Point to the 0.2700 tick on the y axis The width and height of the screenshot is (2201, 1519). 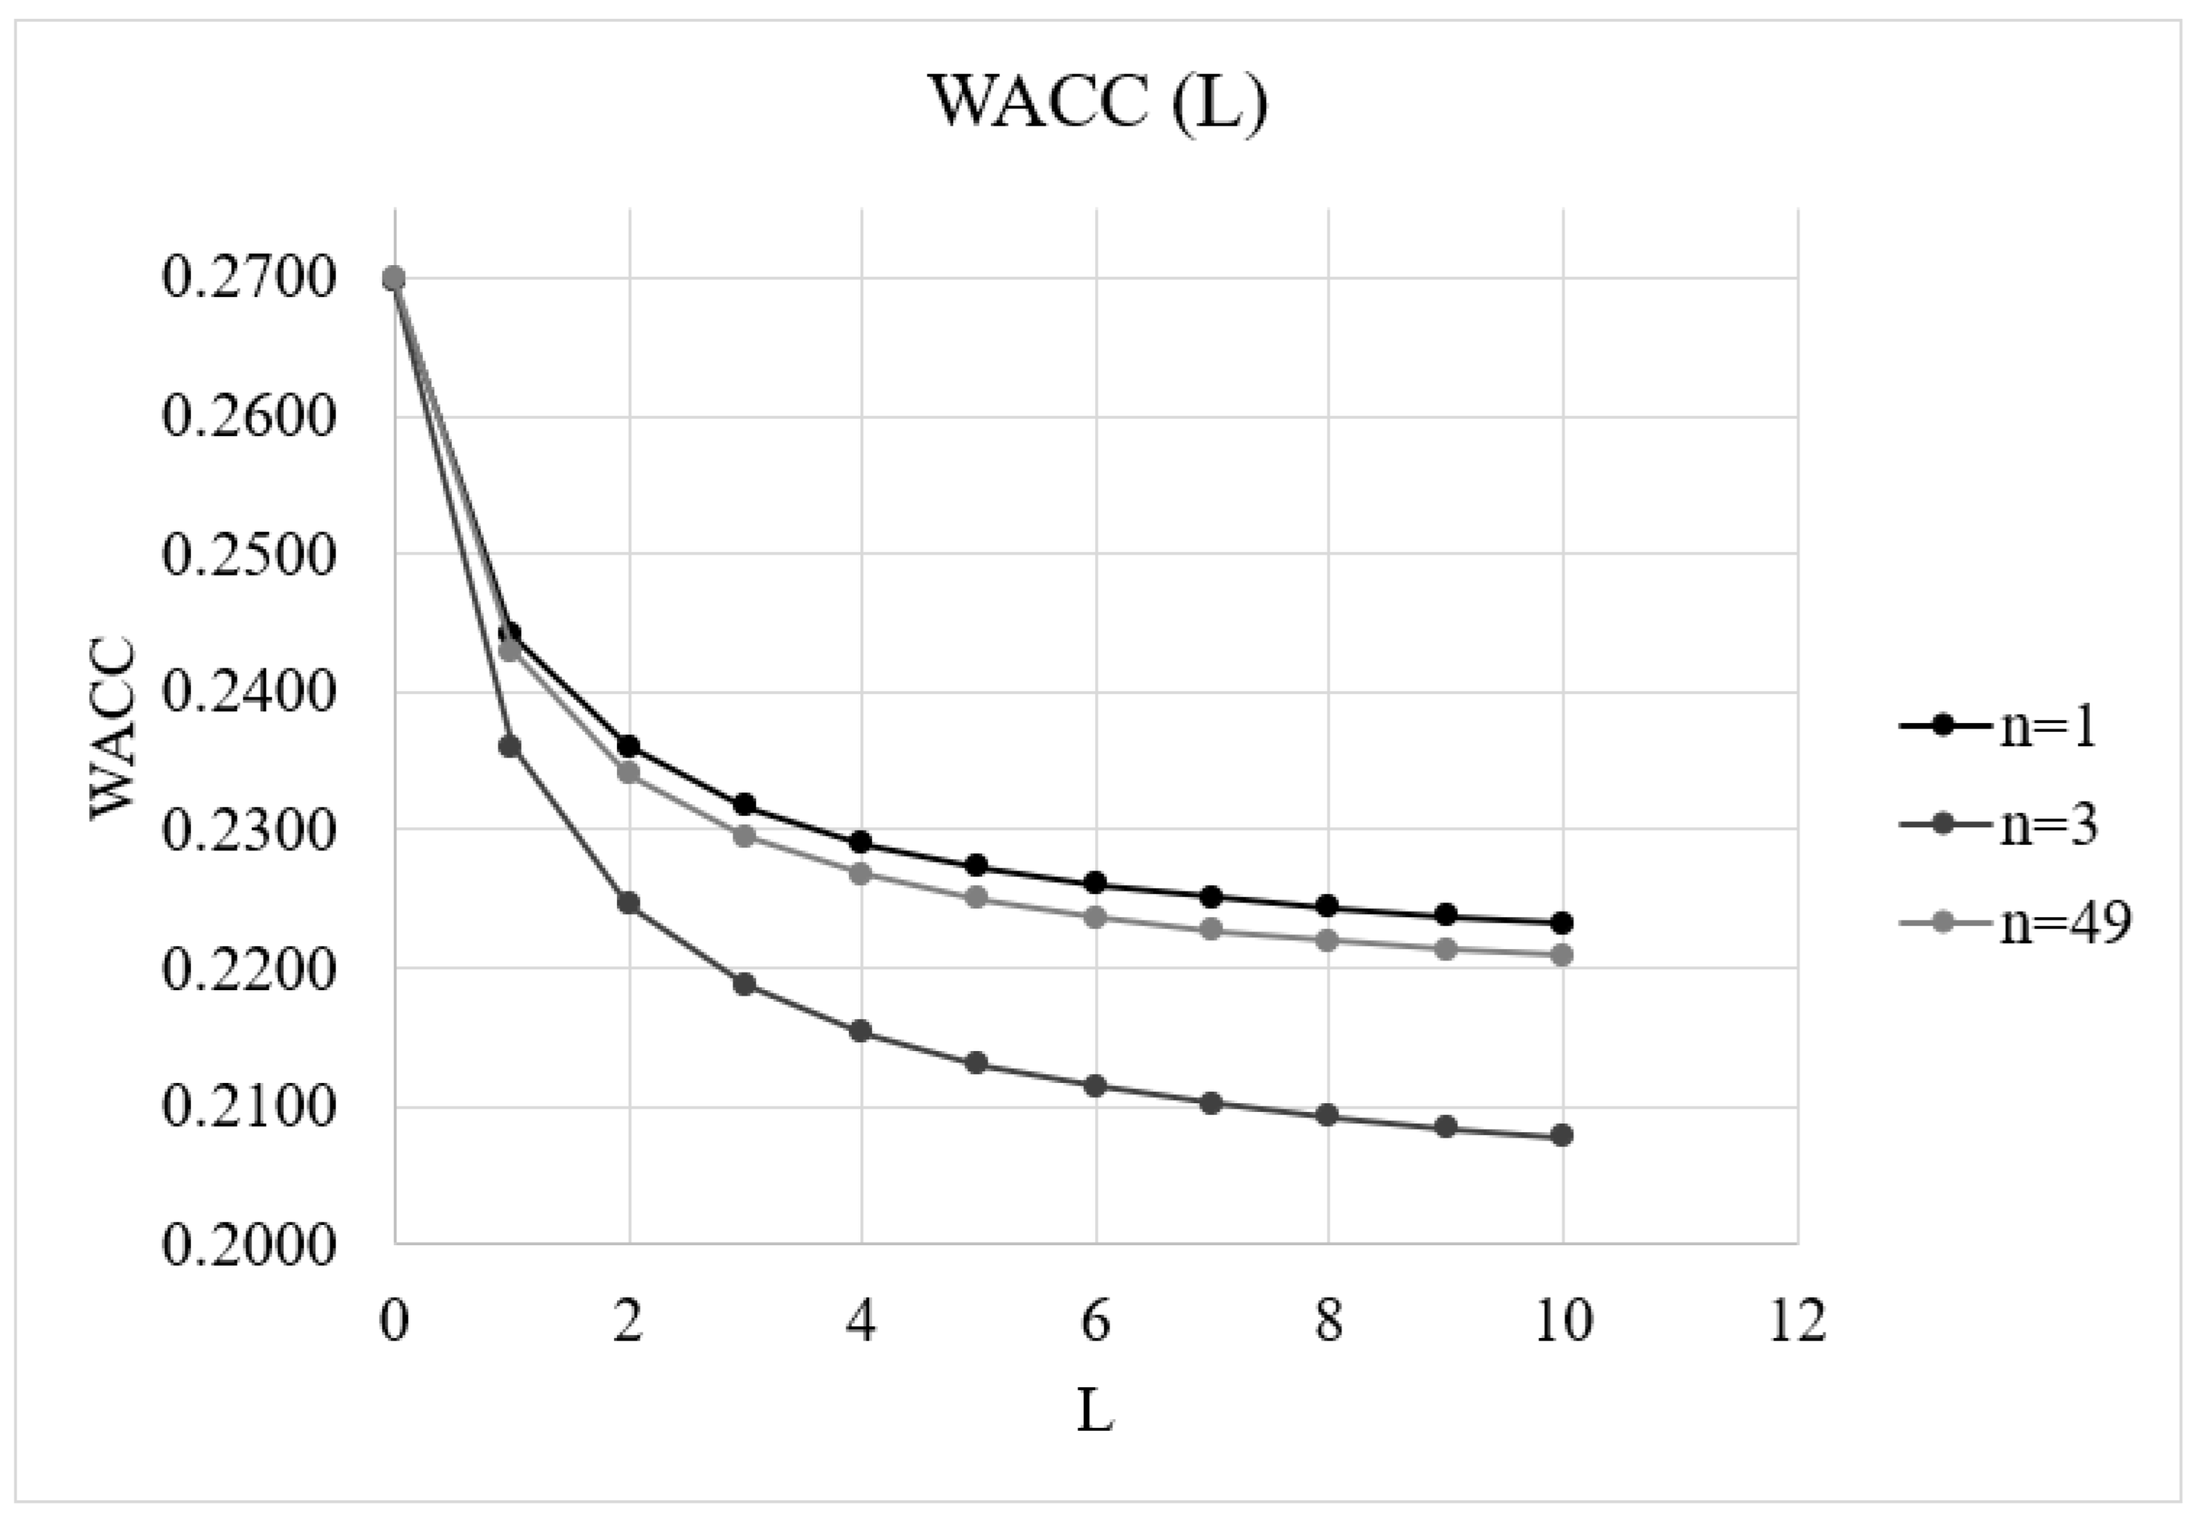(x=249, y=279)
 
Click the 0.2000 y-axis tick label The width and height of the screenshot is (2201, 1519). (x=249, y=1244)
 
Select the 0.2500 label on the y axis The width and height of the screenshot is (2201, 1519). (x=249, y=554)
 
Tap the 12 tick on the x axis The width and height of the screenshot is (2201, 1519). (x=1797, y=1321)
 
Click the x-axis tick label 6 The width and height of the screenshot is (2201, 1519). (x=1095, y=1321)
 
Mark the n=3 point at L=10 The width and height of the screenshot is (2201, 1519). (x=1562, y=1135)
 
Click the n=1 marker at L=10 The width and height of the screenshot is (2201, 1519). (x=1562, y=922)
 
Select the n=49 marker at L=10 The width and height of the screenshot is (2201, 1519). (x=1562, y=955)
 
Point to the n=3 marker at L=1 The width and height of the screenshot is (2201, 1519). (x=510, y=746)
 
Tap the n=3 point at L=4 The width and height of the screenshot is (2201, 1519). (x=861, y=1031)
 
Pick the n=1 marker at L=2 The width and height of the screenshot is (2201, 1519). (x=628, y=746)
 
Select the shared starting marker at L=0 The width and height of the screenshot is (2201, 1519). (x=394, y=279)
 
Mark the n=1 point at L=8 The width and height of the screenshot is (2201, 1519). (x=1328, y=906)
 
